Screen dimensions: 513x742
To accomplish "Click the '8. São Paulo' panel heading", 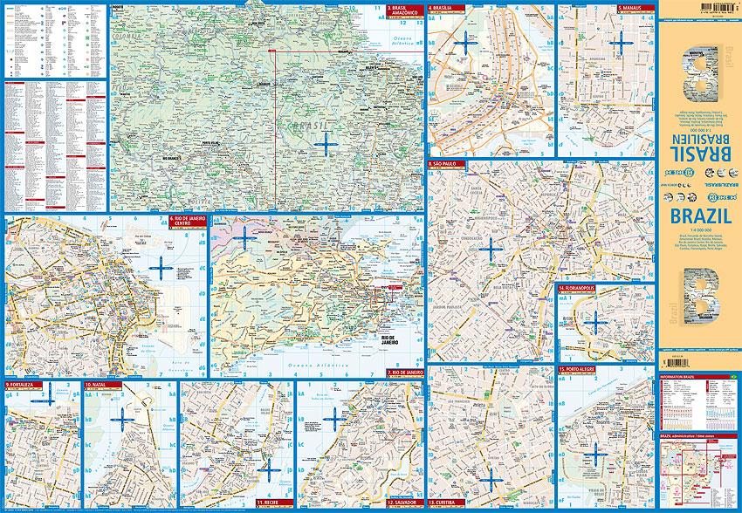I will [448, 163].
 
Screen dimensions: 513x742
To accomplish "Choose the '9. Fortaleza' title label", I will [22, 385].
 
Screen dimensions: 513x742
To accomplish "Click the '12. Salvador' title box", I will [403, 503].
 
